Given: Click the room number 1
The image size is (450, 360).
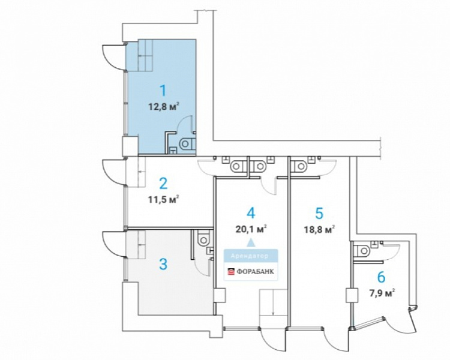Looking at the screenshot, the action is click(163, 91).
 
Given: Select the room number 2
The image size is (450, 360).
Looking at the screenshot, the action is click(163, 184).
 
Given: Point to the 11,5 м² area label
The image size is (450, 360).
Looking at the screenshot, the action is click(164, 199).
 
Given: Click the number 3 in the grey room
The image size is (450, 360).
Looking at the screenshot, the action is click(163, 264).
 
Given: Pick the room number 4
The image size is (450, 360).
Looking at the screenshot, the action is click(251, 213).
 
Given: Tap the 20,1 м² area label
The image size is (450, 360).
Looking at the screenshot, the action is click(251, 229).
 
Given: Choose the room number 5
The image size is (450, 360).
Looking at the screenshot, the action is click(319, 214).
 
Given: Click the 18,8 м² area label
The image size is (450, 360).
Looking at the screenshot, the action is click(320, 229).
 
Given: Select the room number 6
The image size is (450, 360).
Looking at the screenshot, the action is click(381, 277).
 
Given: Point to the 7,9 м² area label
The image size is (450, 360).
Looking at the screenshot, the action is click(382, 293).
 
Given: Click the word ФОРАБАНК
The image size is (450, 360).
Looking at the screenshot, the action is click(255, 271).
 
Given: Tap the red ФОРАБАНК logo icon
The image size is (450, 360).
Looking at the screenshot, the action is click(231, 272).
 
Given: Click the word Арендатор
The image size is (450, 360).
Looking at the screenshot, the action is click(250, 256).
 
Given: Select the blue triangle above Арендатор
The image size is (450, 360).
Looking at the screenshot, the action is click(251, 242).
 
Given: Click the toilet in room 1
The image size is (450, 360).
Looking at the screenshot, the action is click(187, 143).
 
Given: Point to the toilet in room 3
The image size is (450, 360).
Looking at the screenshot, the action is click(203, 238).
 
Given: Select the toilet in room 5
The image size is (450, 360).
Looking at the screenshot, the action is click(299, 166).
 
